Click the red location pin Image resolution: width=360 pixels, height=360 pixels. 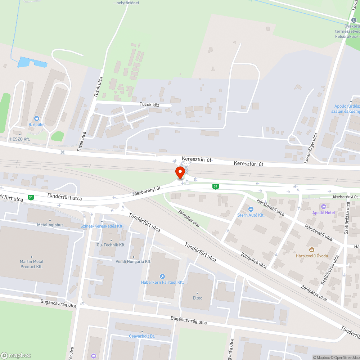pos(180,172)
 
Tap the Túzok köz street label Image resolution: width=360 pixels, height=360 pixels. pos(149,104)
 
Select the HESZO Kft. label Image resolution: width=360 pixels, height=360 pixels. pos(20,139)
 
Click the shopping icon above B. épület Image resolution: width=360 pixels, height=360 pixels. pos(36,118)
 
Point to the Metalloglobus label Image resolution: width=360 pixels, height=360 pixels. pos(50,225)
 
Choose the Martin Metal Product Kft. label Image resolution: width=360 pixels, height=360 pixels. pos(31,264)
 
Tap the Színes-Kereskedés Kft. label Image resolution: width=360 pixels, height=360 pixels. pos(102,226)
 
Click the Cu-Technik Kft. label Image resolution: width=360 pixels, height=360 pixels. pos(111,245)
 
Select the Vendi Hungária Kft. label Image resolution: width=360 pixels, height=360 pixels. pos(133,261)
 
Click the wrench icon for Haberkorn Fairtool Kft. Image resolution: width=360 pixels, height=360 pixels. pos(162,276)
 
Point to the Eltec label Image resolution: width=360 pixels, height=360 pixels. pos(198,298)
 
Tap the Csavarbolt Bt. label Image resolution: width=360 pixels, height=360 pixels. pos(142,336)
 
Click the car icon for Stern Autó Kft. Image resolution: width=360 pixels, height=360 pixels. pos(251,209)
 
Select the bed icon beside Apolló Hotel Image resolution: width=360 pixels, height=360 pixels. pos(323,206)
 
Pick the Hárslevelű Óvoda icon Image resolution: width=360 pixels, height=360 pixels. pos(312,249)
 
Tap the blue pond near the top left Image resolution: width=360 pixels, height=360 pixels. pos(32,63)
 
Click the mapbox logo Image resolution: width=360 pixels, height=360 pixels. pos(16,355)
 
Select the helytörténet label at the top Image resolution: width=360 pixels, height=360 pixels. pos(126,3)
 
